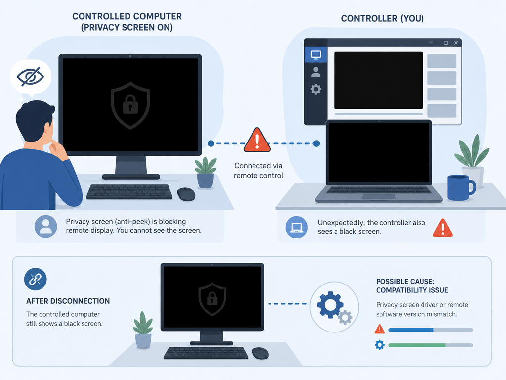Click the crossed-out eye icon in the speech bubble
[x=30, y=77]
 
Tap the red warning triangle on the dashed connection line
[x=257, y=140]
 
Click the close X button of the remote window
[x=456, y=43]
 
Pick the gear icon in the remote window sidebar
[x=316, y=89]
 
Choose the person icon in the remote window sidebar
[x=316, y=72]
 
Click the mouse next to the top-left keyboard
[x=186, y=194]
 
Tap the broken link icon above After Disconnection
[x=35, y=279]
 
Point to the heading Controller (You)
[x=382, y=18]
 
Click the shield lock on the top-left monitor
[x=130, y=105]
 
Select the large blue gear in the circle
[x=330, y=305]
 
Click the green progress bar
[x=417, y=345]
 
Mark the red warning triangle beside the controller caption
[x=442, y=228]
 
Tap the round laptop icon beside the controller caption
[x=296, y=227]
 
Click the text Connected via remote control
[x=258, y=171]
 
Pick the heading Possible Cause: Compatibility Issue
[x=412, y=286]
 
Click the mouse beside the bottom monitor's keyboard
[x=260, y=353]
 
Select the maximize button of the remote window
[x=445, y=43]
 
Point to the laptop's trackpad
[x=379, y=196]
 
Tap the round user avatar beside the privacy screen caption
[x=46, y=227]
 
